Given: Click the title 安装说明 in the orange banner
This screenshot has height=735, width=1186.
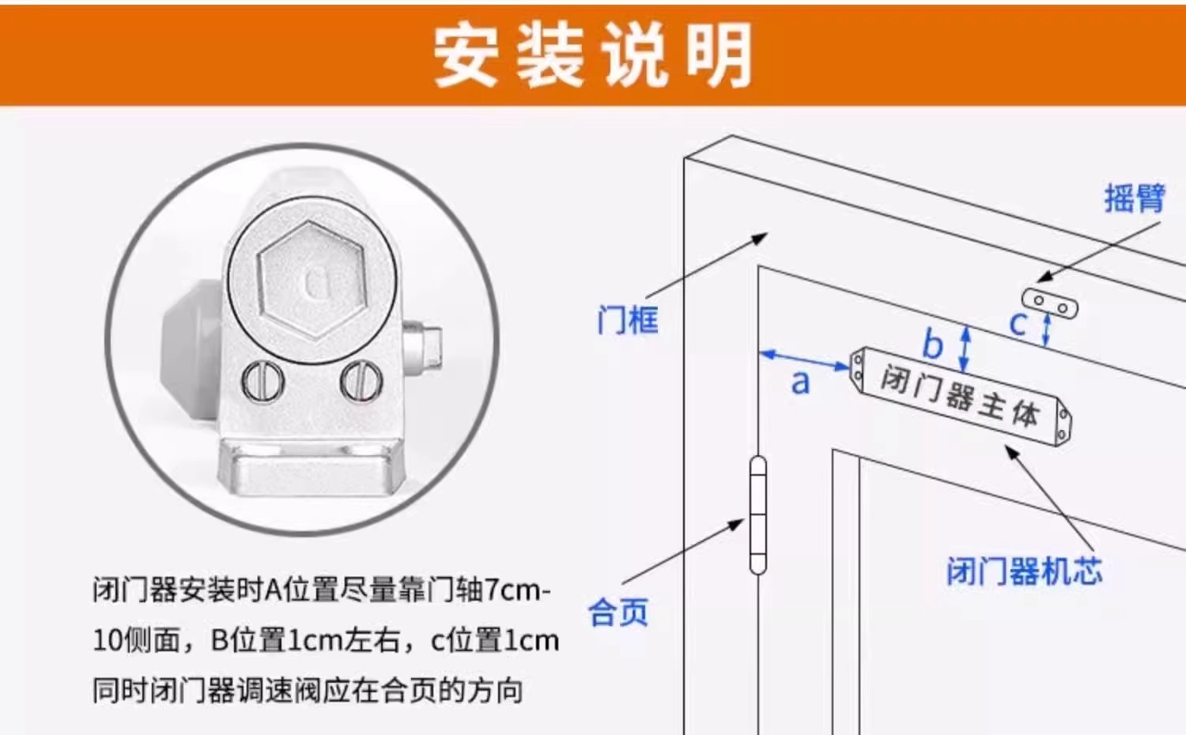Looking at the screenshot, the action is click(x=593, y=55).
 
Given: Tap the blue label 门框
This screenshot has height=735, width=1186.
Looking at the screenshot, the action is click(x=628, y=319).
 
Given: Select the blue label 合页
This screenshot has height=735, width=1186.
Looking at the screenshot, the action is click(x=618, y=612).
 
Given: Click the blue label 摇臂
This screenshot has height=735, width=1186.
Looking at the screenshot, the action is click(x=1135, y=198).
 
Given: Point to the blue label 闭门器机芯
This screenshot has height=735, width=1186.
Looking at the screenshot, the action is click(x=1025, y=571).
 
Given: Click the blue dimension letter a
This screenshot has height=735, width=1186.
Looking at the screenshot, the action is click(x=800, y=382).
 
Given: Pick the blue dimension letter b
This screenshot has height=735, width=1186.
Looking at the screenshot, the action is click(x=933, y=343).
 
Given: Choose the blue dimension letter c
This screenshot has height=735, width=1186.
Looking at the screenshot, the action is click(x=1018, y=323).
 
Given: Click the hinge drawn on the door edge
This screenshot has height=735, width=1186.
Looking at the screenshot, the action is click(x=758, y=514).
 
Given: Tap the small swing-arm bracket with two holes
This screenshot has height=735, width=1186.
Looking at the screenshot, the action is click(x=1050, y=303).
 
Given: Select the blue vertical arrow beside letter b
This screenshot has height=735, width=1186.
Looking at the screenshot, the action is click(x=965, y=349).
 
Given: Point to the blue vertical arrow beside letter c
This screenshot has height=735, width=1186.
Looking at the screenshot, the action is click(x=1046, y=330).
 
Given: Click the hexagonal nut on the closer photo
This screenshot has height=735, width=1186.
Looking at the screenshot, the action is click(x=313, y=280).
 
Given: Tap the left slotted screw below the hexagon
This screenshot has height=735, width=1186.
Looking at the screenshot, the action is click(x=263, y=381).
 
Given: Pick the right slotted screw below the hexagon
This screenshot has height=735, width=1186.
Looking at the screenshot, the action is click(x=361, y=381).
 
